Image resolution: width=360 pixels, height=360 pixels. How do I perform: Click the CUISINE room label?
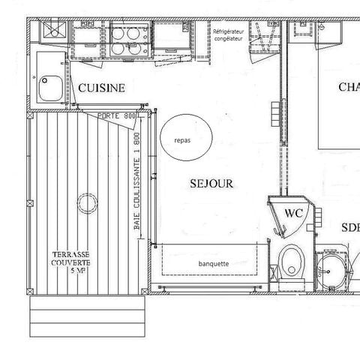[x=102, y=88]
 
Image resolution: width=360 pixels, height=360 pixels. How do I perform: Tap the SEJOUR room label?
[x=211, y=183]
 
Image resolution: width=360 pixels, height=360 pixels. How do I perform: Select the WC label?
[x=293, y=212]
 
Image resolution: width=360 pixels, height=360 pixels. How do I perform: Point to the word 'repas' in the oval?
[x=183, y=140]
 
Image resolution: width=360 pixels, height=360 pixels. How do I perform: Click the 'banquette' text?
[x=214, y=264]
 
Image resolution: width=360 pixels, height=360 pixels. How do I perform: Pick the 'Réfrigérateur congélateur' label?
[x=228, y=36]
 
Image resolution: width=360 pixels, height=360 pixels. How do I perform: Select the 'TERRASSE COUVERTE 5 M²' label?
[x=72, y=262]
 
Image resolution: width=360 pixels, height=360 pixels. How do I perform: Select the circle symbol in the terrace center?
[x=88, y=204]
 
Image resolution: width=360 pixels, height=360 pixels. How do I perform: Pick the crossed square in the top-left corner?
[x=52, y=31]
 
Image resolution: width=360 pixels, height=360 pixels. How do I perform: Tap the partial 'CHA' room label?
[x=348, y=88]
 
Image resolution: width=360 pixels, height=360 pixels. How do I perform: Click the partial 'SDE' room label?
[x=349, y=228]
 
